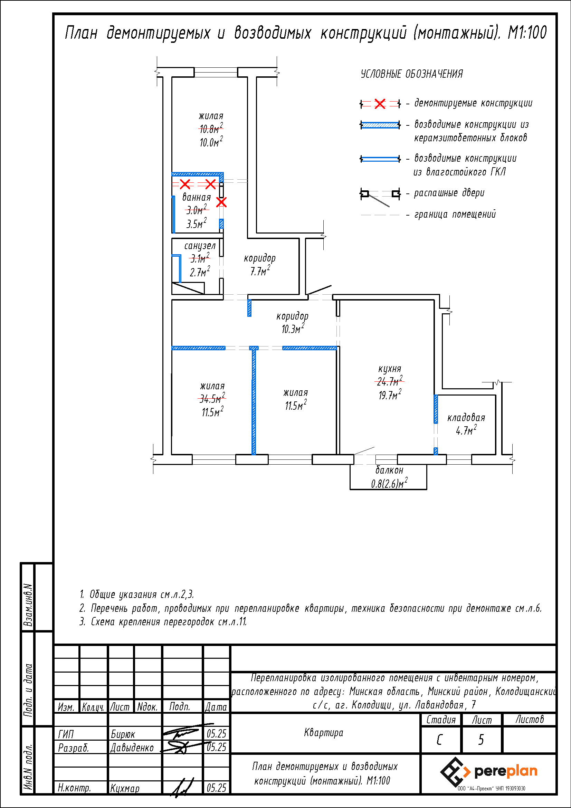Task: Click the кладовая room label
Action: coord(466,418)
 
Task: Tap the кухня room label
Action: coord(389,369)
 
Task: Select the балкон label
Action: coord(389,470)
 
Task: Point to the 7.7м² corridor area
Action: coord(260,271)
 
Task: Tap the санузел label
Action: coord(199,246)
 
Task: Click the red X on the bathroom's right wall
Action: coord(221,202)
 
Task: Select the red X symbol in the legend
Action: coord(380,104)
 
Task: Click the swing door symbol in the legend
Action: coord(380,196)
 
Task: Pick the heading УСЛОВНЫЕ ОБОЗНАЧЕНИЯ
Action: coord(412,74)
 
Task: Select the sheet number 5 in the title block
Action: coord(481,740)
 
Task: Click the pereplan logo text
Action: coord(506,771)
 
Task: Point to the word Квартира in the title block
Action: coord(323,733)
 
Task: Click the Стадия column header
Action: coord(441,720)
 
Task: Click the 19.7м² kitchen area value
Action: coord(389,396)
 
